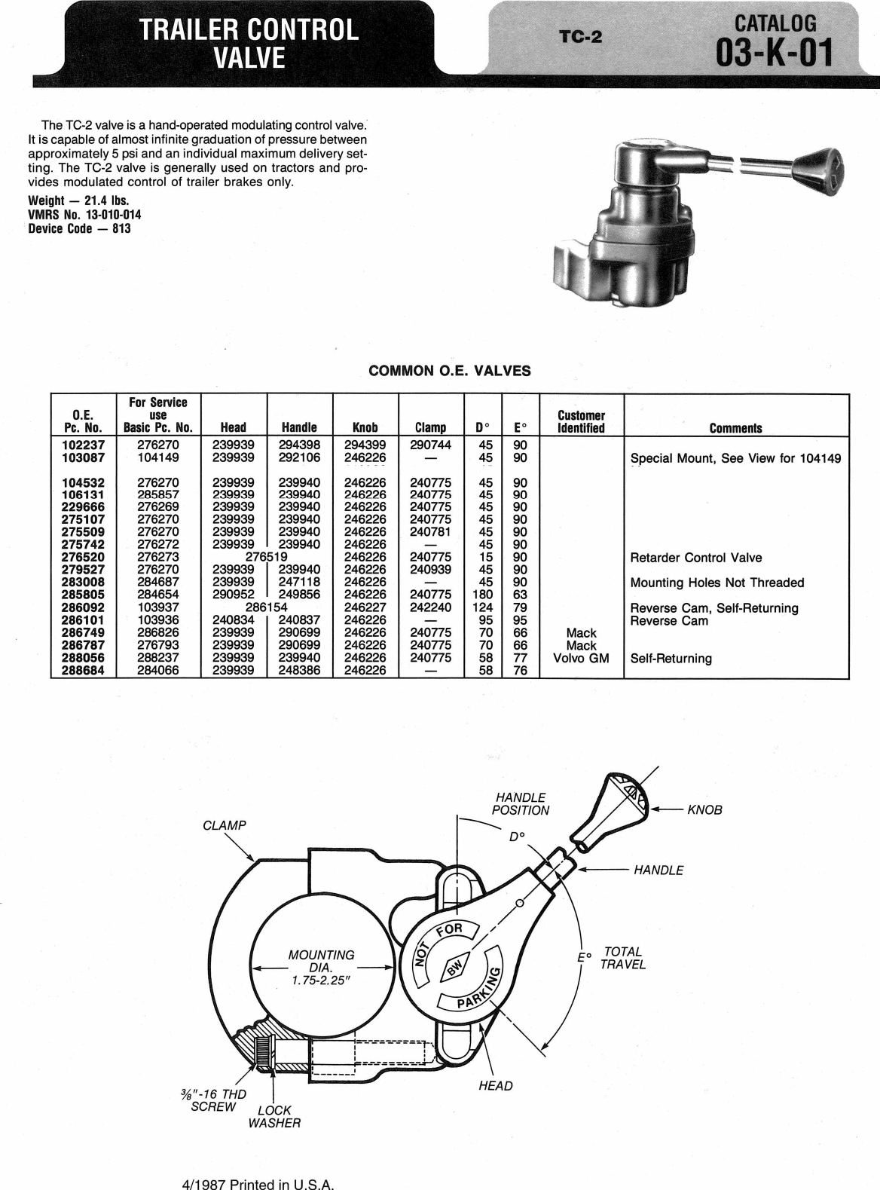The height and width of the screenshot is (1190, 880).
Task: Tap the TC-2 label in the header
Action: [x=580, y=37]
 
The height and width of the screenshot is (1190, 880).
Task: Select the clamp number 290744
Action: [x=430, y=445]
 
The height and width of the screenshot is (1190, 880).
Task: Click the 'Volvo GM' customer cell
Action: [x=581, y=658]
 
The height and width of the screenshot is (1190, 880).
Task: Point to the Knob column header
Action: [x=365, y=427]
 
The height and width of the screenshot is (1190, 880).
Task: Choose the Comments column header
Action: [x=735, y=428]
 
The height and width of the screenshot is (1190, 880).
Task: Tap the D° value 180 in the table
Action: [x=486, y=595]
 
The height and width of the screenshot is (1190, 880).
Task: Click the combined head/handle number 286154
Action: [x=267, y=607]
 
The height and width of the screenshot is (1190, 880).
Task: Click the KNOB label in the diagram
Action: [x=704, y=810]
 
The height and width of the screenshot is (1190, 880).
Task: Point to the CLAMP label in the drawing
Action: [x=225, y=825]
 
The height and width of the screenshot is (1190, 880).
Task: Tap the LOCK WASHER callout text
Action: [x=274, y=1117]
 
